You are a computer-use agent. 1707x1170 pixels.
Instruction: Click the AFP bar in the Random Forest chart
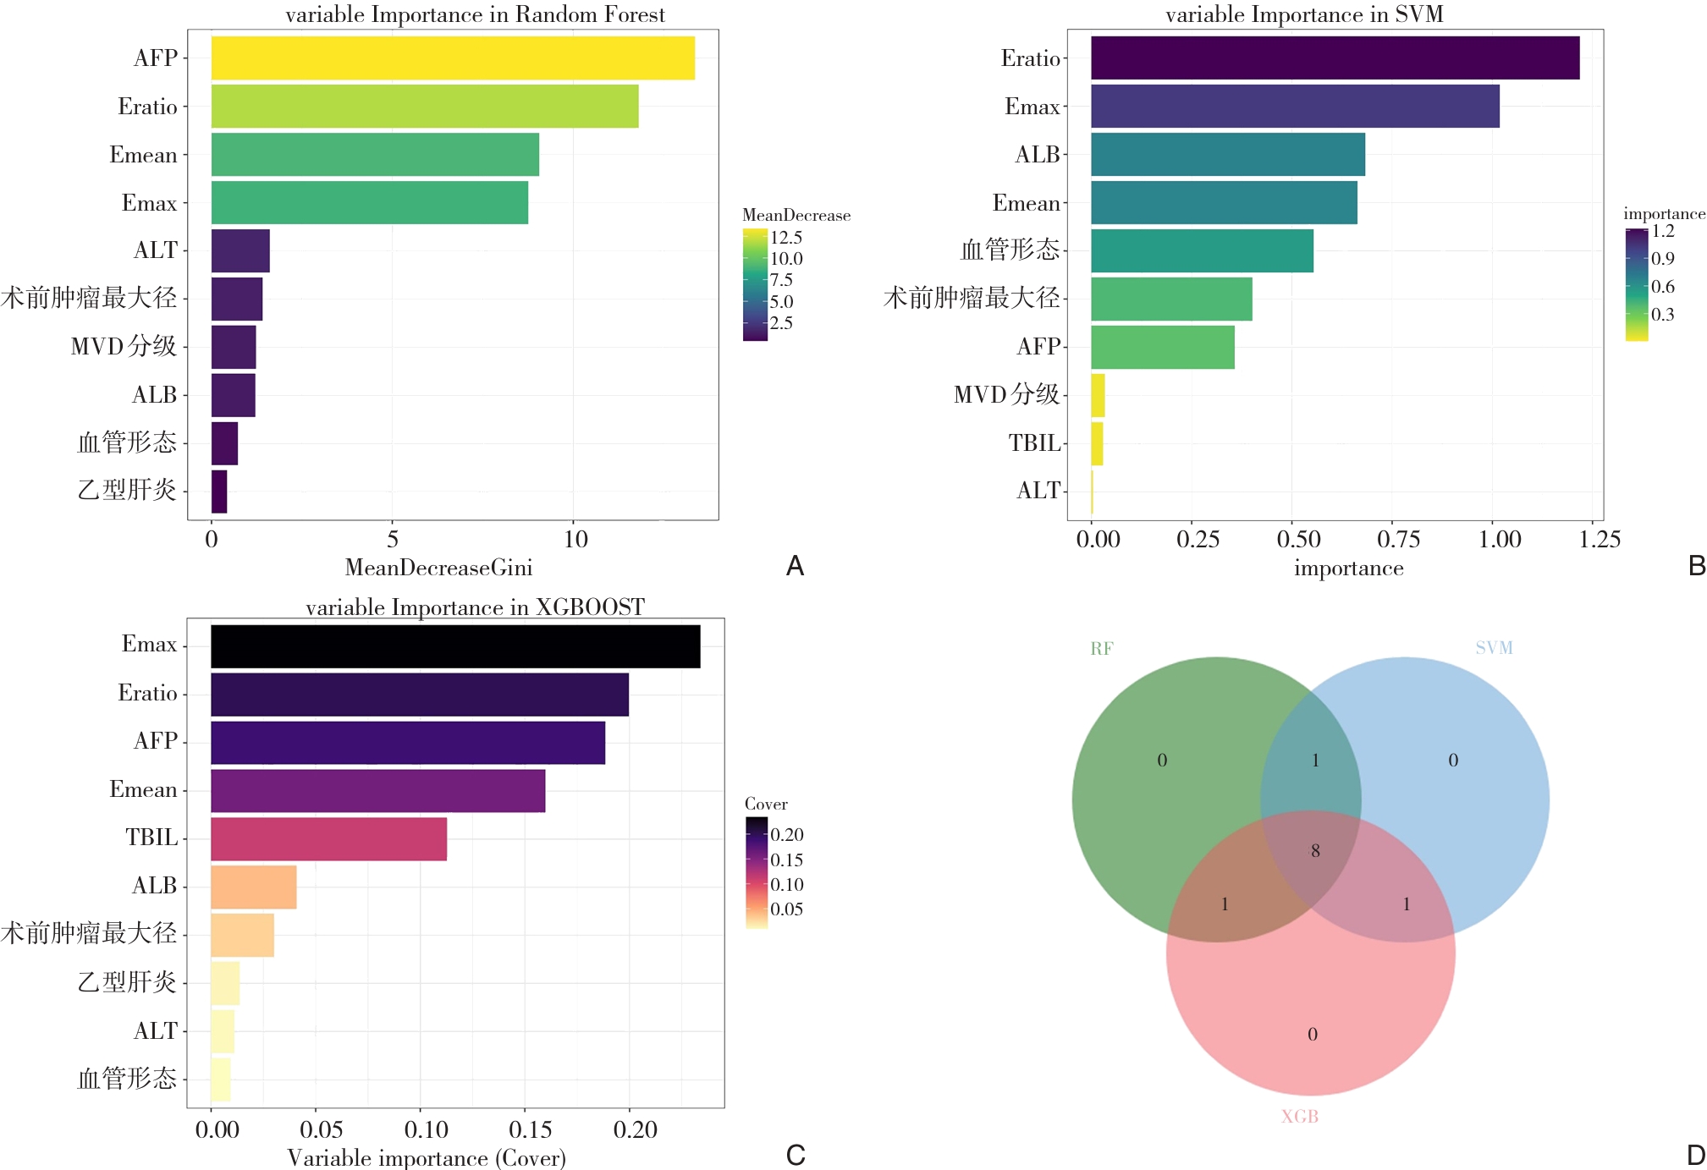[x=453, y=58]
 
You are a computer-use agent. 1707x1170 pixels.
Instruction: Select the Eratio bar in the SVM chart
[x=1335, y=58]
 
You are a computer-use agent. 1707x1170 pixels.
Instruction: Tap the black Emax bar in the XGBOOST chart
[x=455, y=646]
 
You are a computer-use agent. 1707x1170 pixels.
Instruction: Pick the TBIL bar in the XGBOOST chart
[x=328, y=839]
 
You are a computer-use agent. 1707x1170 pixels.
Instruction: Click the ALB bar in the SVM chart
[x=1227, y=155]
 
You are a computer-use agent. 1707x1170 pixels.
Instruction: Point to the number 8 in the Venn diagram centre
[x=1315, y=851]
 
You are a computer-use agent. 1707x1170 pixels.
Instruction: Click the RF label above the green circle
[x=1101, y=649]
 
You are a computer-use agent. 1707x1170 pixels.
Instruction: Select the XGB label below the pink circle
[x=1300, y=1117]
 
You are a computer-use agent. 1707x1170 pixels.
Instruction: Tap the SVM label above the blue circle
[x=1494, y=648]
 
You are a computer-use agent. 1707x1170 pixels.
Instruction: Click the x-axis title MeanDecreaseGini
[x=438, y=568]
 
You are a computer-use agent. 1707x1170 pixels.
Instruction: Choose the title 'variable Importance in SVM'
[x=1304, y=14]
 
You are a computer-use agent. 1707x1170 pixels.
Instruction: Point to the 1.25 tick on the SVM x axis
[x=1600, y=540]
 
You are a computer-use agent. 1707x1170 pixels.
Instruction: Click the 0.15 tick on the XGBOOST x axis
[x=530, y=1130]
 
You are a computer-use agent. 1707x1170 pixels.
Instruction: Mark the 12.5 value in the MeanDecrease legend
[x=786, y=238]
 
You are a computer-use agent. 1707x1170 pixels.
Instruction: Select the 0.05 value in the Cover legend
[x=786, y=909]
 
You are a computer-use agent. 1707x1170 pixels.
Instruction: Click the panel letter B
[x=1696, y=566]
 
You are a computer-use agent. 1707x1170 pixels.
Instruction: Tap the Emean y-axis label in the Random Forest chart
[x=143, y=155]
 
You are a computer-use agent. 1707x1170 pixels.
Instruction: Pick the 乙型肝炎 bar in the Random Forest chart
[x=219, y=492]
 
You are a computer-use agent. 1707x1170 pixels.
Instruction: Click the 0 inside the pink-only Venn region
[x=1312, y=1035]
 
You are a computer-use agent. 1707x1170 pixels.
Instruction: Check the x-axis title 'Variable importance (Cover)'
[x=427, y=1158]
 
